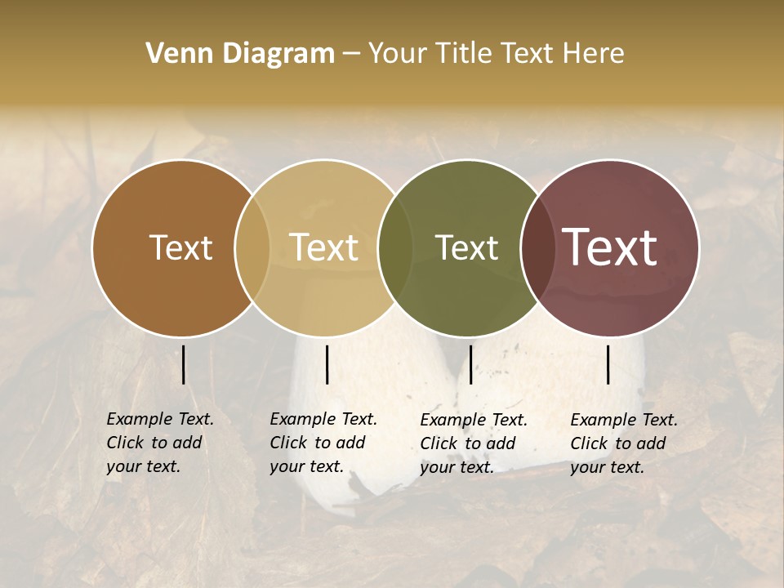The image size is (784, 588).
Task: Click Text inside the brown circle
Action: coord(180,247)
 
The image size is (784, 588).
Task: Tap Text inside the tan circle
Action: coord(324,247)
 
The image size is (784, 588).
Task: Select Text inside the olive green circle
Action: coord(466,247)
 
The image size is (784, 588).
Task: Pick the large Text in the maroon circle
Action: coord(610,247)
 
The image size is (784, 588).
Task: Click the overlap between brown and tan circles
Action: coord(252,247)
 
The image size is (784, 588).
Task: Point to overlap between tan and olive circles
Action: coord(395,247)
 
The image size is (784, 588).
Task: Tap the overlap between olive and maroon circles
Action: coord(537,247)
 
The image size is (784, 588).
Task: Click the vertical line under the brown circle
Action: coord(184,364)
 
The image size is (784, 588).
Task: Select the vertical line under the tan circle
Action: coord(327,364)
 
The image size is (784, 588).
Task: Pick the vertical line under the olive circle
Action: coord(470,364)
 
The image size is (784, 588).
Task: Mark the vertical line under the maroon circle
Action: coord(608,364)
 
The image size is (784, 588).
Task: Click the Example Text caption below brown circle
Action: coord(160,443)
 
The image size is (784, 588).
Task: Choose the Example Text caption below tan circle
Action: coord(323,443)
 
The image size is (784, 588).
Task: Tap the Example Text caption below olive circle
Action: coord(474,443)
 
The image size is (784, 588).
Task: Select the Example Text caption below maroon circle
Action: coord(624,443)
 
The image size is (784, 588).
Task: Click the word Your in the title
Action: coord(397,54)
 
